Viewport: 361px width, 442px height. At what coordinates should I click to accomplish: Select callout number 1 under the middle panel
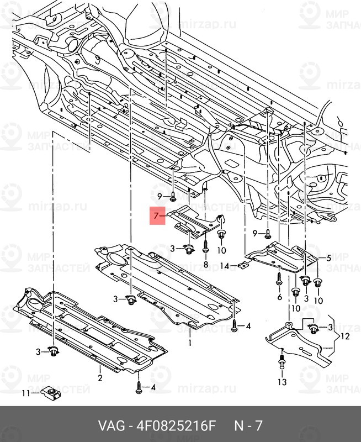pyautogui.click(x=190, y=343)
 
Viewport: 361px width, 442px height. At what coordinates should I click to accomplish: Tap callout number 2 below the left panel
pyautogui.click(x=100, y=378)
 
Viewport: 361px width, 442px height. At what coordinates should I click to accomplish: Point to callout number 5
pyautogui.click(x=328, y=258)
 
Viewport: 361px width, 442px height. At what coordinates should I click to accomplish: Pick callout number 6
pyautogui.click(x=279, y=297)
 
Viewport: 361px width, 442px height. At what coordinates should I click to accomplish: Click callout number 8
pyautogui.click(x=205, y=265)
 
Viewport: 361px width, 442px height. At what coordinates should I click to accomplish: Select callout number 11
pyautogui.click(x=24, y=393)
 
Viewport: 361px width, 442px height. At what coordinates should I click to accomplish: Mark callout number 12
pyautogui.click(x=345, y=335)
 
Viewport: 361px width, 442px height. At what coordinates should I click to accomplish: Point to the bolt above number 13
pyautogui.click(x=283, y=363)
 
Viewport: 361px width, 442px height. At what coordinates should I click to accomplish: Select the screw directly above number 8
pyautogui.click(x=205, y=247)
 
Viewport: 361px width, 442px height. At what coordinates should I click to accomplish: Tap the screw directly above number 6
pyautogui.click(x=280, y=277)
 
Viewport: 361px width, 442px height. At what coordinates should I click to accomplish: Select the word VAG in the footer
pyautogui.click(x=110, y=427)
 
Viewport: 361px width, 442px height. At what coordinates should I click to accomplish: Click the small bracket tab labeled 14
pyautogui.click(x=243, y=266)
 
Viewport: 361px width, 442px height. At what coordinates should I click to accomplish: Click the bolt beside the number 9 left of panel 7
pyautogui.click(x=173, y=196)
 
